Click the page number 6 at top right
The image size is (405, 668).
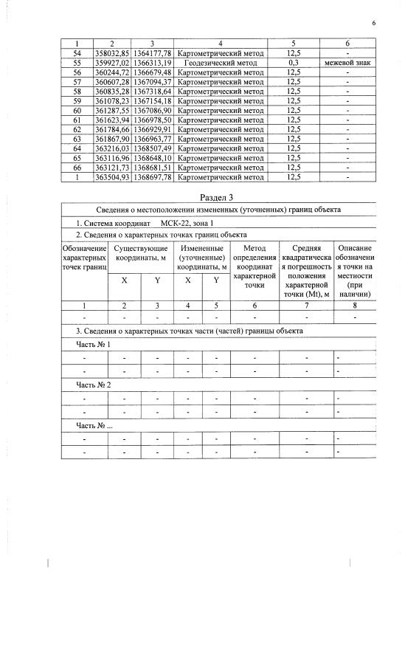pos(373,24)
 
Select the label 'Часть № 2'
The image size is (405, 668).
pos(94,385)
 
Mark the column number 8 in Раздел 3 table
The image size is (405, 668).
pos(355,305)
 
